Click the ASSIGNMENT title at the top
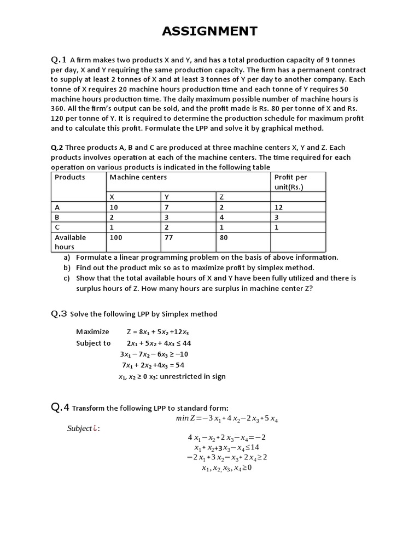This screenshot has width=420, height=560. click(x=209, y=31)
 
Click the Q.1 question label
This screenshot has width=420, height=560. click(x=59, y=60)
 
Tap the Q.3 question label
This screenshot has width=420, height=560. click(x=59, y=314)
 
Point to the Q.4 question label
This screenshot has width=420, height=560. click(x=60, y=407)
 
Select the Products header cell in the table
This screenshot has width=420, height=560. click(x=70, y=177)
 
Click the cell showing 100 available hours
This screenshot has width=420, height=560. click(x=116, y=237)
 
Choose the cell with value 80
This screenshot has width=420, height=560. click(x=224, y=237)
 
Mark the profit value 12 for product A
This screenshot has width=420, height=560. click(x=278, y=207)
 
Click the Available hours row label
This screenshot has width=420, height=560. click(x=70, y=242)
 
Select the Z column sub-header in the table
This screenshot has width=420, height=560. click(x=221, y=197)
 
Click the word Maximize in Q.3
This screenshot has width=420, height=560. click(x=92, y=331)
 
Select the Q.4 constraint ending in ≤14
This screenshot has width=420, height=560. click(x=223, y=447)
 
